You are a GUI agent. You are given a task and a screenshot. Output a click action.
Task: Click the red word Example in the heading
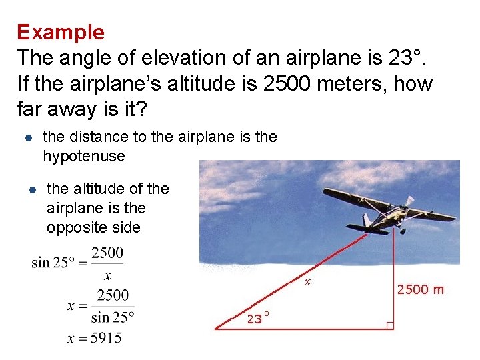[x=61, y=32]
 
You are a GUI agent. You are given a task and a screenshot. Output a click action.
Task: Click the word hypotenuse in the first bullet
[x=83, y=156]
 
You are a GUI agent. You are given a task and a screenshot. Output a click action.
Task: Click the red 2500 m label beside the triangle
[x=420, y=289]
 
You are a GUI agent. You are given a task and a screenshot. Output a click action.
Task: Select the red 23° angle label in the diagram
[x=258, y=318]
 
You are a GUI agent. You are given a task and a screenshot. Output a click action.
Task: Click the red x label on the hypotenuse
[x=307, y=282]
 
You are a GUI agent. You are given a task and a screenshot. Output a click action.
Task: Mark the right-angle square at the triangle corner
[x=390, y=325]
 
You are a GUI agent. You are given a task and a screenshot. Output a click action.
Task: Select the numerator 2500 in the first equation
[x=107, y=253]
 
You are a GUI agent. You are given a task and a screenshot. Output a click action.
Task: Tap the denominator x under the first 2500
[x=107, y=275]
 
